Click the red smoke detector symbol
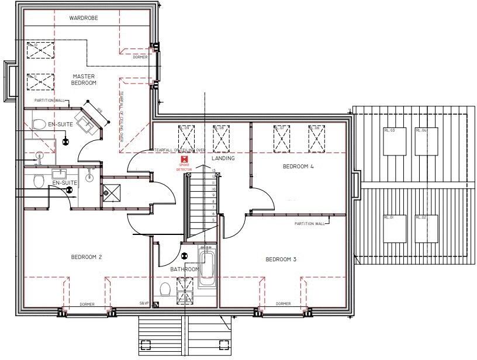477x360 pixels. click(185, 158)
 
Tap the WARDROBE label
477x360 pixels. click(84, 19)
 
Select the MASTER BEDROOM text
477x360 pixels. click(84, 79)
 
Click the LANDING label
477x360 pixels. click(223, 158)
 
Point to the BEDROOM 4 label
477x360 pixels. click(298, 167)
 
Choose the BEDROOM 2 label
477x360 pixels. click(87, 257)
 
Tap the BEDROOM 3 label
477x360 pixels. click(281, 259)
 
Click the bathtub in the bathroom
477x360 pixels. click(207, 268)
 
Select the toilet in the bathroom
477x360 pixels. click(165, 289)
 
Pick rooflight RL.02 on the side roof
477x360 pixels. click(426, 228)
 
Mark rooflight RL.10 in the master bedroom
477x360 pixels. click(40, 51)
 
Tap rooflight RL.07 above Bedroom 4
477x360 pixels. click(282, 138)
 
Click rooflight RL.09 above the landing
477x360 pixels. click(187, 138)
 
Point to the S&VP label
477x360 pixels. click(144, 303)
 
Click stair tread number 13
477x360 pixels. click(214, 171)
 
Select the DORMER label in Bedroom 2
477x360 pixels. click(87, 304)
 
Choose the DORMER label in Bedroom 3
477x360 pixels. click(283, 304)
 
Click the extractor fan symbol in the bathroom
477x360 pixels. click(185, 255)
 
